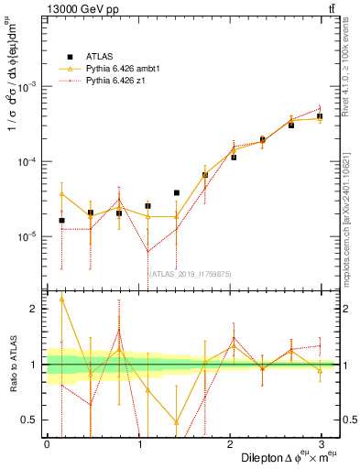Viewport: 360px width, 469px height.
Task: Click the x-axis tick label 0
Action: click(x=47, y=443)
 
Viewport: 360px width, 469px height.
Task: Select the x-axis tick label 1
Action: click(x=138, y=443)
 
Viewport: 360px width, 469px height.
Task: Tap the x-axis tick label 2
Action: click(x=229, y=443)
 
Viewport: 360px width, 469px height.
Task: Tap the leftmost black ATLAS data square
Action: click(x=61, y=220)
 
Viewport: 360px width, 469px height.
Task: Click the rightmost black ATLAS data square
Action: click(x=320, y=116)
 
